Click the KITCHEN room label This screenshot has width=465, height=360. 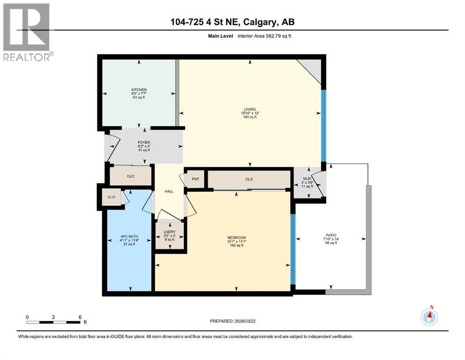point(139,90)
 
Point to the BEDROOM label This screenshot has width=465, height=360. point(236,238)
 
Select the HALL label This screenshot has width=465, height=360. point(169,191)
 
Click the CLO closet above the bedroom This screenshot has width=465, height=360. point(249,179)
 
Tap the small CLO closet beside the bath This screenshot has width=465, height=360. point(111,197)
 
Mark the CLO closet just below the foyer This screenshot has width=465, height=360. point(131,177)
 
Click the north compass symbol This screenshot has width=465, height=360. point(429,317)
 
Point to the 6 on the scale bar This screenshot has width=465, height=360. point(80,317)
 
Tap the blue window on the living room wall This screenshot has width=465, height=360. point(323,125)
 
